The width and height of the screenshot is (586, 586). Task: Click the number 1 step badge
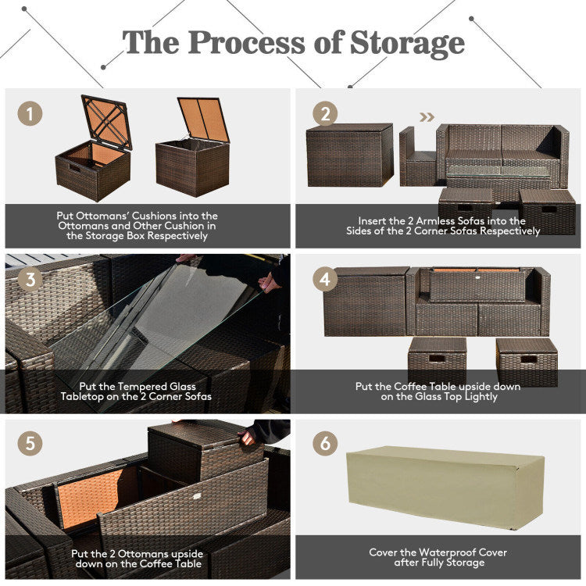30,114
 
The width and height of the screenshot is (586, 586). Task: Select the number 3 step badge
30,279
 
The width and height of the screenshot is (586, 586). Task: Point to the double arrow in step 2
426,118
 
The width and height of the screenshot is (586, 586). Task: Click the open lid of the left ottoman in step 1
106,121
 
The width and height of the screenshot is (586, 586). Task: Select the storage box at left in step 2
349,156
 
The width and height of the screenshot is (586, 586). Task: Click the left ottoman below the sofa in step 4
437,360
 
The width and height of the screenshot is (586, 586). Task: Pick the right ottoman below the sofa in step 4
527,361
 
